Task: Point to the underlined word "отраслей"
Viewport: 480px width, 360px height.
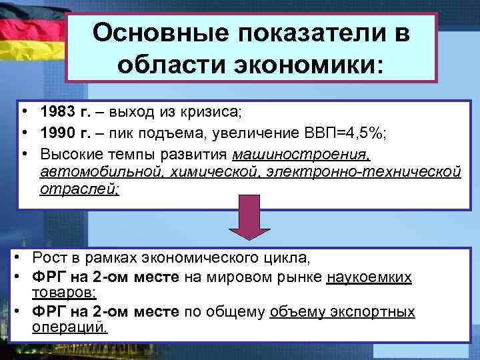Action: point(79,189)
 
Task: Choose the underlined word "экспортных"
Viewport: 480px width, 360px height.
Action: point(377,312)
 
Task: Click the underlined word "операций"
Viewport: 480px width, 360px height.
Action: point(69,327)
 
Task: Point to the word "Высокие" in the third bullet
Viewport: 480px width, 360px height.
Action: point(65,155)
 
